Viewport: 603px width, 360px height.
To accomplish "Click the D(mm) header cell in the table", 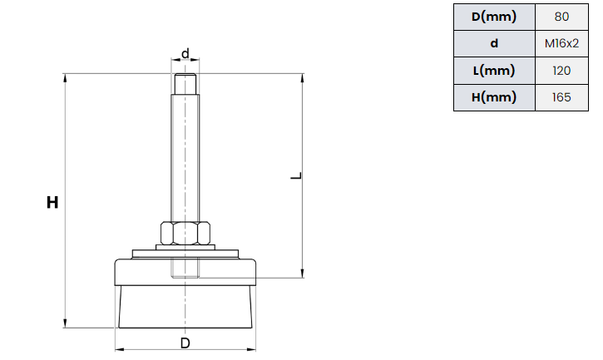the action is (494, 17).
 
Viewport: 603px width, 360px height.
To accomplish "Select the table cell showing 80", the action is (561, 17).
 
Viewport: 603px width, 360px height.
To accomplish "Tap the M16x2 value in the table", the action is (561, 43).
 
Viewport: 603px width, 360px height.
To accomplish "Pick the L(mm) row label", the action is (494, 71).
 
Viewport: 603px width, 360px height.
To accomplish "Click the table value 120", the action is (561, 71).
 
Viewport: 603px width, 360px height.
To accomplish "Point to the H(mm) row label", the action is (494, 98).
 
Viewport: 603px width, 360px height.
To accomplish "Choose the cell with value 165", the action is (561, 98).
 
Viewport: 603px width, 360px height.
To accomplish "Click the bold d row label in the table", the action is (494, 43).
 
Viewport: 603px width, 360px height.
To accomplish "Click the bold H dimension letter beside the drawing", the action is (52, 202).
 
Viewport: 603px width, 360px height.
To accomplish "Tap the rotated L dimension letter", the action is (296, 175).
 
